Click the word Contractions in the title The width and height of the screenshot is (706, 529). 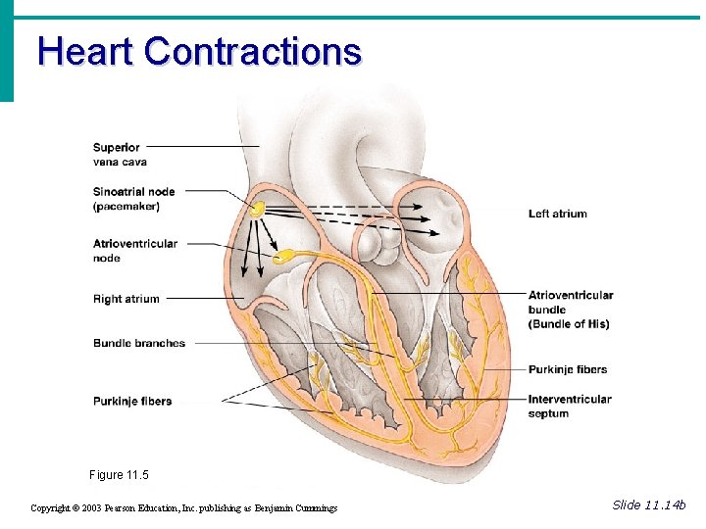[253, 51]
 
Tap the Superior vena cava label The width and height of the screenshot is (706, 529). [120, 155]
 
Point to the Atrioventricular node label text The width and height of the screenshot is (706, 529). [135, 251]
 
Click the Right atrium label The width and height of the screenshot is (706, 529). [126, 299]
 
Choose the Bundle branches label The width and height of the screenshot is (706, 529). [139, 343]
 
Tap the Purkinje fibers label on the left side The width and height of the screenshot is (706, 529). [132, 401]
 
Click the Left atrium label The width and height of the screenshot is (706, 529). [557, 214]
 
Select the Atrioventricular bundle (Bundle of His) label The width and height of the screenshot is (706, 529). [571, 310]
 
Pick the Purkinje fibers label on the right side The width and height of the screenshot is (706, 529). [568, 369]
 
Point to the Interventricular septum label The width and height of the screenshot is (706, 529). [570, 406]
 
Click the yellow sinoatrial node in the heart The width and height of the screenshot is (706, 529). [256, 209]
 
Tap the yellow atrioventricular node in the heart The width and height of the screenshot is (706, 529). [282, 258]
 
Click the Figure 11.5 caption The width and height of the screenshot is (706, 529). [119, 475]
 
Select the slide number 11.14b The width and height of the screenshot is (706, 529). [649, 505]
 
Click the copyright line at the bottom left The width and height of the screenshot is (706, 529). [183, 507]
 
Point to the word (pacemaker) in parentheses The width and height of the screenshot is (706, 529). [126, 207]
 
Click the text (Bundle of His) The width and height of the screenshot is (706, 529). [569, 324]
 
